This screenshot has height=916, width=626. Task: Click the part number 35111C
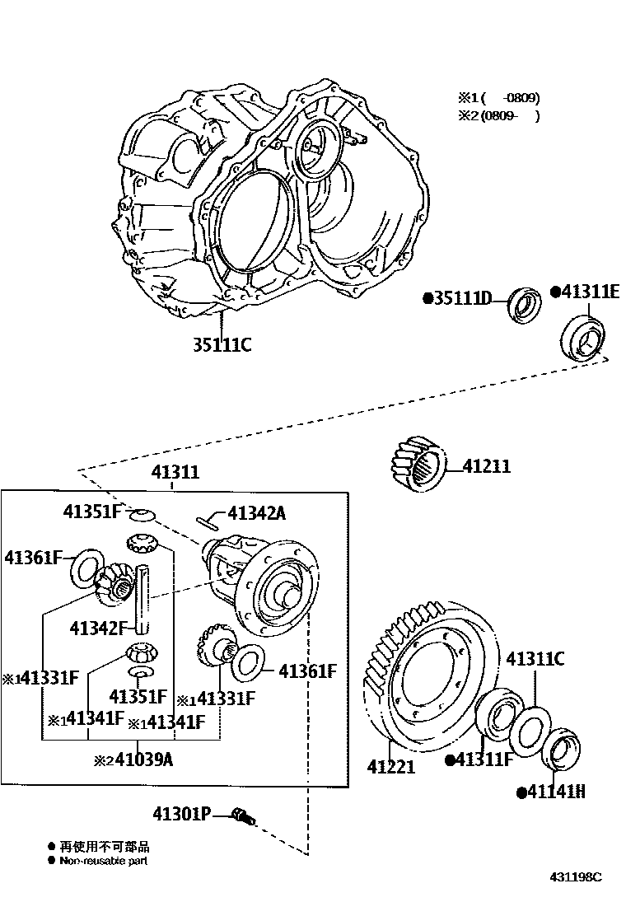pos(222,344)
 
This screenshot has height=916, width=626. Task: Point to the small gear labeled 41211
pos(416,467)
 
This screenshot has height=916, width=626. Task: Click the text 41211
pos(486,467)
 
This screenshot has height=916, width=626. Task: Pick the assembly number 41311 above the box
pos(175,473)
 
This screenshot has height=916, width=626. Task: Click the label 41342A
pos(256,513)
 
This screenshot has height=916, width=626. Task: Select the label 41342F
pos(96,629)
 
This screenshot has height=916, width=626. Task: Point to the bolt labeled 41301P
pos(242,816)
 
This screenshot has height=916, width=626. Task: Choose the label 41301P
pos(181,815)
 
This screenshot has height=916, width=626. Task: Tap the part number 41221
pos(391,767)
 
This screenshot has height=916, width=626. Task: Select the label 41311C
pos(535,658)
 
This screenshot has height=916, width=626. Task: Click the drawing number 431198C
pos(576,876)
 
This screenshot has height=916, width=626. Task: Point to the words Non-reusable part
pos(103,861)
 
